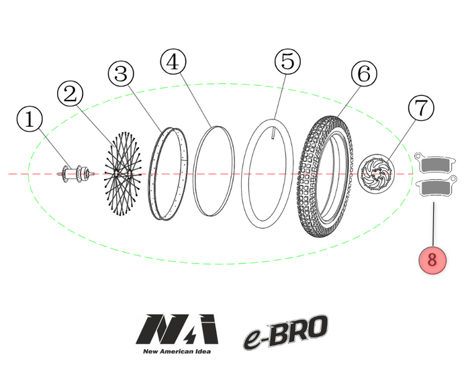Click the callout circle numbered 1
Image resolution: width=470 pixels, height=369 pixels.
pyautogui.click(x=29, y=121)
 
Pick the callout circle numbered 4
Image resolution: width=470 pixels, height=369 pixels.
pyautogui.click(x=173, y=62)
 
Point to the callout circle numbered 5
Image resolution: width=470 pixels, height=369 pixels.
pyautogui.click(x=287, y=62)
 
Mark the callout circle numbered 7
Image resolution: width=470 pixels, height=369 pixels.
pyautogui.click(x=421, y=107)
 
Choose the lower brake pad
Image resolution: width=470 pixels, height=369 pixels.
pyautogui.click(x=434, y=190)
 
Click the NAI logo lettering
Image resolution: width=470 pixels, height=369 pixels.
pyautogui.click(x=177, y=329)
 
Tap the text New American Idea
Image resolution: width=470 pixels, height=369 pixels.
pyautogui.click(x=177, y=350)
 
